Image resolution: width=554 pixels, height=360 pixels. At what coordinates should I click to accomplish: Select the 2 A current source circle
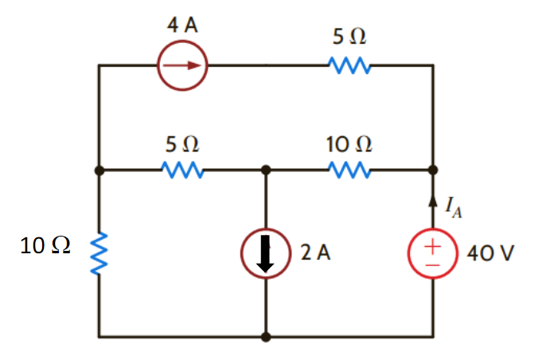click(266, 253)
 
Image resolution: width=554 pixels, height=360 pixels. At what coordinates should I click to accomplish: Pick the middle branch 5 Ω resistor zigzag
click(182, 170)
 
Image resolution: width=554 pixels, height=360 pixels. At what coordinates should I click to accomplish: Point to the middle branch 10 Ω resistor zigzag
click(347, 170)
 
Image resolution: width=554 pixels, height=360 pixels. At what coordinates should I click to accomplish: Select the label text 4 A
click(182, 24)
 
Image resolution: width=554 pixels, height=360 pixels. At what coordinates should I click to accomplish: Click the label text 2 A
click(315, 253)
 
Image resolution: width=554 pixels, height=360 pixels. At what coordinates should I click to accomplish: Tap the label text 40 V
click(491, 253)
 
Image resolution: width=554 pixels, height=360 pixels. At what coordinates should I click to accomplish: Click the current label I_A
click(451, 209)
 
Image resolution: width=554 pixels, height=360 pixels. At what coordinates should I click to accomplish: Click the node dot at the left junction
click(99, 170)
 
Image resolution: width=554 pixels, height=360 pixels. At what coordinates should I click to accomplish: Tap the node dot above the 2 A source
click(266, 170)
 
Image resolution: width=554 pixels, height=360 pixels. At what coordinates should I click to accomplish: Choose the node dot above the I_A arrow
click(433, 170)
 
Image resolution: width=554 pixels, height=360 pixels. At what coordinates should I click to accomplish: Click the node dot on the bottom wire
click(266, 337)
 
